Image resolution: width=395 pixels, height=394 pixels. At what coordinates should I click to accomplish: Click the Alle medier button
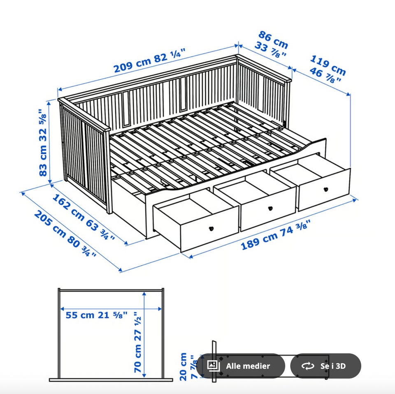pyautogui.click(x=241, y=366)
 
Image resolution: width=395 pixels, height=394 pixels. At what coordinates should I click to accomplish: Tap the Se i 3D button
pyautogui.click(x=326, y=366)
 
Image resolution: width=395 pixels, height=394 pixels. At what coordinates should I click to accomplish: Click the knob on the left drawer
pyautogui.click(x=211, y=229)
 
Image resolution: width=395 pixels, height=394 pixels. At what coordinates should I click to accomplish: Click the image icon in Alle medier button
pyautogui.click(x=214, y=366)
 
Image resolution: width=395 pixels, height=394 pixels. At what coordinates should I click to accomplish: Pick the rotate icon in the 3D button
pyautogui.click(x=308, y=366)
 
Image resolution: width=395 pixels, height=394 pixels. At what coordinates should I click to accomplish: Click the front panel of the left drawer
pyautogui.click(x=209, y=230)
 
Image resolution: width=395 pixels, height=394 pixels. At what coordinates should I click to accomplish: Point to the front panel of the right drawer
pyautogui.click(x=324, y=189)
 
